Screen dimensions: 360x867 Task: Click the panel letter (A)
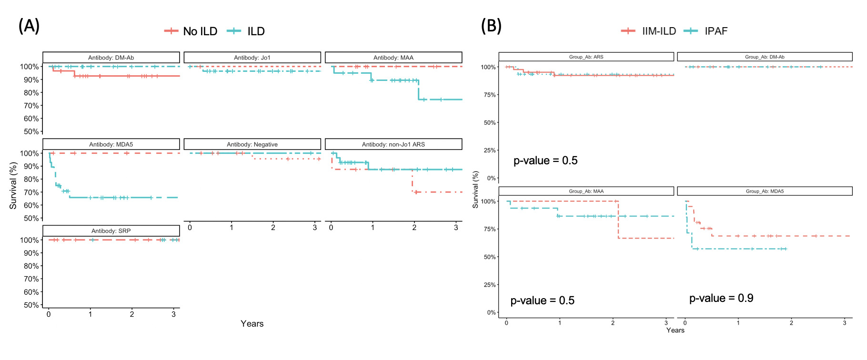(x=29, y=26)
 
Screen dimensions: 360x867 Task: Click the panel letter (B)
(x=491, y=26)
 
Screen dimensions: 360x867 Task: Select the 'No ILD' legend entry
(x=191, y=31)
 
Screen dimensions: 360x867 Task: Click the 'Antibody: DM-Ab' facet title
(x=111, y=58)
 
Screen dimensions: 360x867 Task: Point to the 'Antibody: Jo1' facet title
(x=252, y=58)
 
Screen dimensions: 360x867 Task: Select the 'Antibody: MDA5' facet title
(x=111, y=144)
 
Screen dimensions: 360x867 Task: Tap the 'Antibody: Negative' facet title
(x=252, y=144)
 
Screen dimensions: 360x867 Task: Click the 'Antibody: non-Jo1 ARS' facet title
(x=393, y=144)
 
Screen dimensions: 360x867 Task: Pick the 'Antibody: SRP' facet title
(x=111, y=231)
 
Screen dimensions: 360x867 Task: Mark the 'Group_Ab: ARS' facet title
(x=586, y=57)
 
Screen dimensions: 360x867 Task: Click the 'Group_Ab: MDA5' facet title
(x=765, y=191)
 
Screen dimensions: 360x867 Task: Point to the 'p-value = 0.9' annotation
(x=721, y=298)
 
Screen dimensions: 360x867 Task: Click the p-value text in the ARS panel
(x=545, y=160)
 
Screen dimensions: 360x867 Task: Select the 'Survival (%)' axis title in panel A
(x=13, y=186)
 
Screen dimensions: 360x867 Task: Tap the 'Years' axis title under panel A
(x=252, y=324)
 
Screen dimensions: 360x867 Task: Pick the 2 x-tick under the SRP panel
(x=132, y=314)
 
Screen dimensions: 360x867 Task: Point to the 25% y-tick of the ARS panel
(x=490, y=150)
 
